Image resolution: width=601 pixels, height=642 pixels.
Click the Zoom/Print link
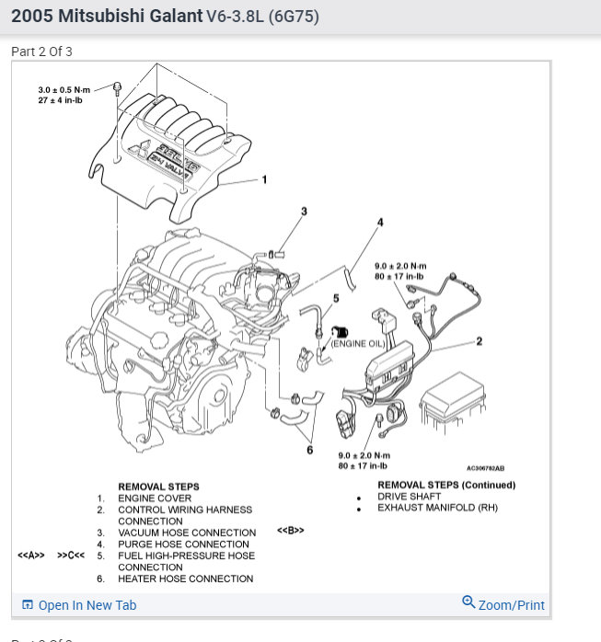coord(504,604)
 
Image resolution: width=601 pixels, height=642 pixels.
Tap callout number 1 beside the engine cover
coord(264,179)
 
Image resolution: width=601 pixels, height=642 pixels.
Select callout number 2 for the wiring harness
coord(480,341)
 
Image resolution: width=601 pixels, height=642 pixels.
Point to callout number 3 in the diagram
coord(304,211)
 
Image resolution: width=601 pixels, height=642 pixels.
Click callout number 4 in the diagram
coord(380,222)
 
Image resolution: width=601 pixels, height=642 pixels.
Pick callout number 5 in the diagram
coord(336,298)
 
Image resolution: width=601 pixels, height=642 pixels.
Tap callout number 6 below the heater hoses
coord(310,449)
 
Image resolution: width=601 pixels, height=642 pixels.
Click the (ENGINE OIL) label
coord(359,343)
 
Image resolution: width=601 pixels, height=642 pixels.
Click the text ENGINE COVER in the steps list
coord(155,498)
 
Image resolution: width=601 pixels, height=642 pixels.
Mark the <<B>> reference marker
coord(290,531)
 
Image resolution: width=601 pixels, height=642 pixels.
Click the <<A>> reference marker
coord(31,556)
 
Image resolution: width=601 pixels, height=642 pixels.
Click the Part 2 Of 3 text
coord(41,52)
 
